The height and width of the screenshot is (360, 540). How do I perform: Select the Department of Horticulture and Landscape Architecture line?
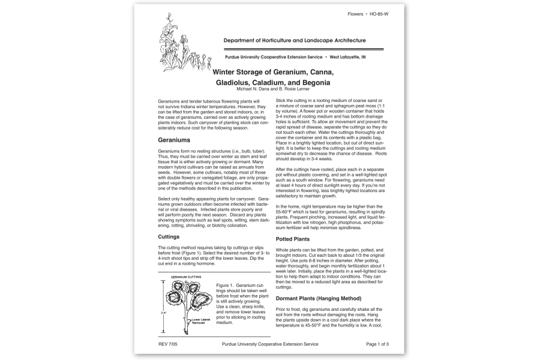[295, 41]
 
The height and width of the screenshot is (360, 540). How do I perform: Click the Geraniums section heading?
[175, 140]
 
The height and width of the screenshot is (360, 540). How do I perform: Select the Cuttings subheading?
[169, 236]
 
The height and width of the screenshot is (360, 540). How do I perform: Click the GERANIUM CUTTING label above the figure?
[186, 277]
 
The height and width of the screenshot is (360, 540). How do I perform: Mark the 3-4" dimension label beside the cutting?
[163, 313]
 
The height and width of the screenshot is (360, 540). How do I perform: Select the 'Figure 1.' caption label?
[225, 285]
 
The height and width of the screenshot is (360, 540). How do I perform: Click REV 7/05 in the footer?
[169, 344]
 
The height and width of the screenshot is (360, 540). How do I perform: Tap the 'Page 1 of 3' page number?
[377, 344]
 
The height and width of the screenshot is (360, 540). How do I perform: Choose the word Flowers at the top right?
[356, 13]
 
